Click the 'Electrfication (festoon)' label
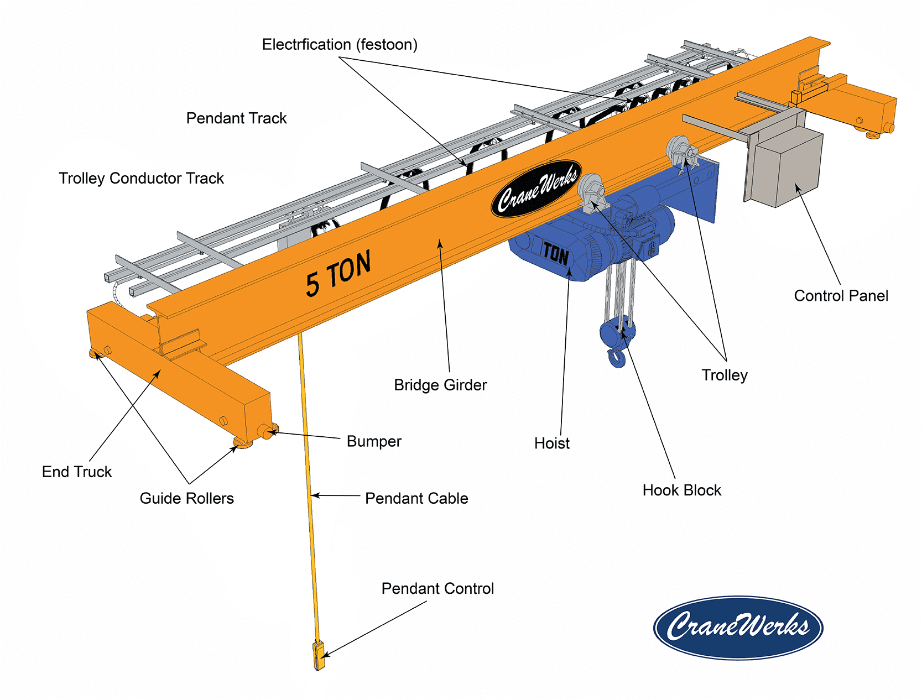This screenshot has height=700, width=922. [x=340, y=44]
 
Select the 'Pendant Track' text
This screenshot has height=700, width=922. [x=236, y=118]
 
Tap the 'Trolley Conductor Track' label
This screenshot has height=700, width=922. [x=141, y=178]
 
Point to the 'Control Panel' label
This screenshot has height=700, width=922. [x=841, y=296]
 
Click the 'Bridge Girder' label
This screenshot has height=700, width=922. [x=440, y=385]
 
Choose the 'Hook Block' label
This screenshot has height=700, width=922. [x=681, y=490]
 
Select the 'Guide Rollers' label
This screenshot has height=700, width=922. [x=186, y=498]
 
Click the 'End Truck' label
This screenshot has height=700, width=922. [x=77, y=472]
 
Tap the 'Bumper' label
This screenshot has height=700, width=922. [x=374, y=441]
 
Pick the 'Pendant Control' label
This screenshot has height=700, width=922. [x=437, y=588]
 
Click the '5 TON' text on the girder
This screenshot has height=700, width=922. [x=338, y=273]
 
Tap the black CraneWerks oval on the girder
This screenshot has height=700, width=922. [x=536, y=189]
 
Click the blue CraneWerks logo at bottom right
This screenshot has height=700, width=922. [x=738, y=628]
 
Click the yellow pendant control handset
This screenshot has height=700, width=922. [x=319, y=655]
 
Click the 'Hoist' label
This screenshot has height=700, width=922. [x=551, y=443]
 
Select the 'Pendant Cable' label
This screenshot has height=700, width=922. [x=416, y=498]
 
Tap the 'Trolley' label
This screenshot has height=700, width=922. [x=725, y=375]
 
